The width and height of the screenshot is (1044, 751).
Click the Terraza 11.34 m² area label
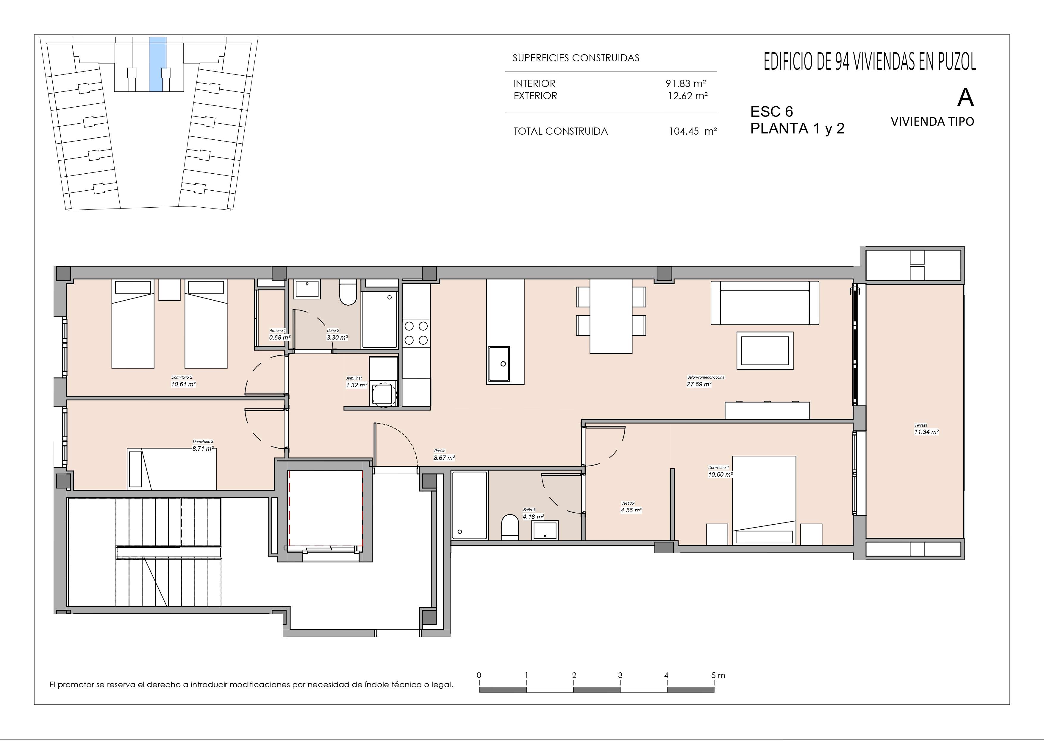click(926, 429)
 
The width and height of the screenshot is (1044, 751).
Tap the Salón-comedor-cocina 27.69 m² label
click(705, 381)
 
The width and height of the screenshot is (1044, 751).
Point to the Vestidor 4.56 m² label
click(631, 507)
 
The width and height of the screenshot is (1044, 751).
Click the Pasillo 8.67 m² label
click(444, 455)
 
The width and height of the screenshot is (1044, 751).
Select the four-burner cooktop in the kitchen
click(416, 333)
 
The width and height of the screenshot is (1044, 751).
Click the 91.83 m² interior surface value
click(686, 83)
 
